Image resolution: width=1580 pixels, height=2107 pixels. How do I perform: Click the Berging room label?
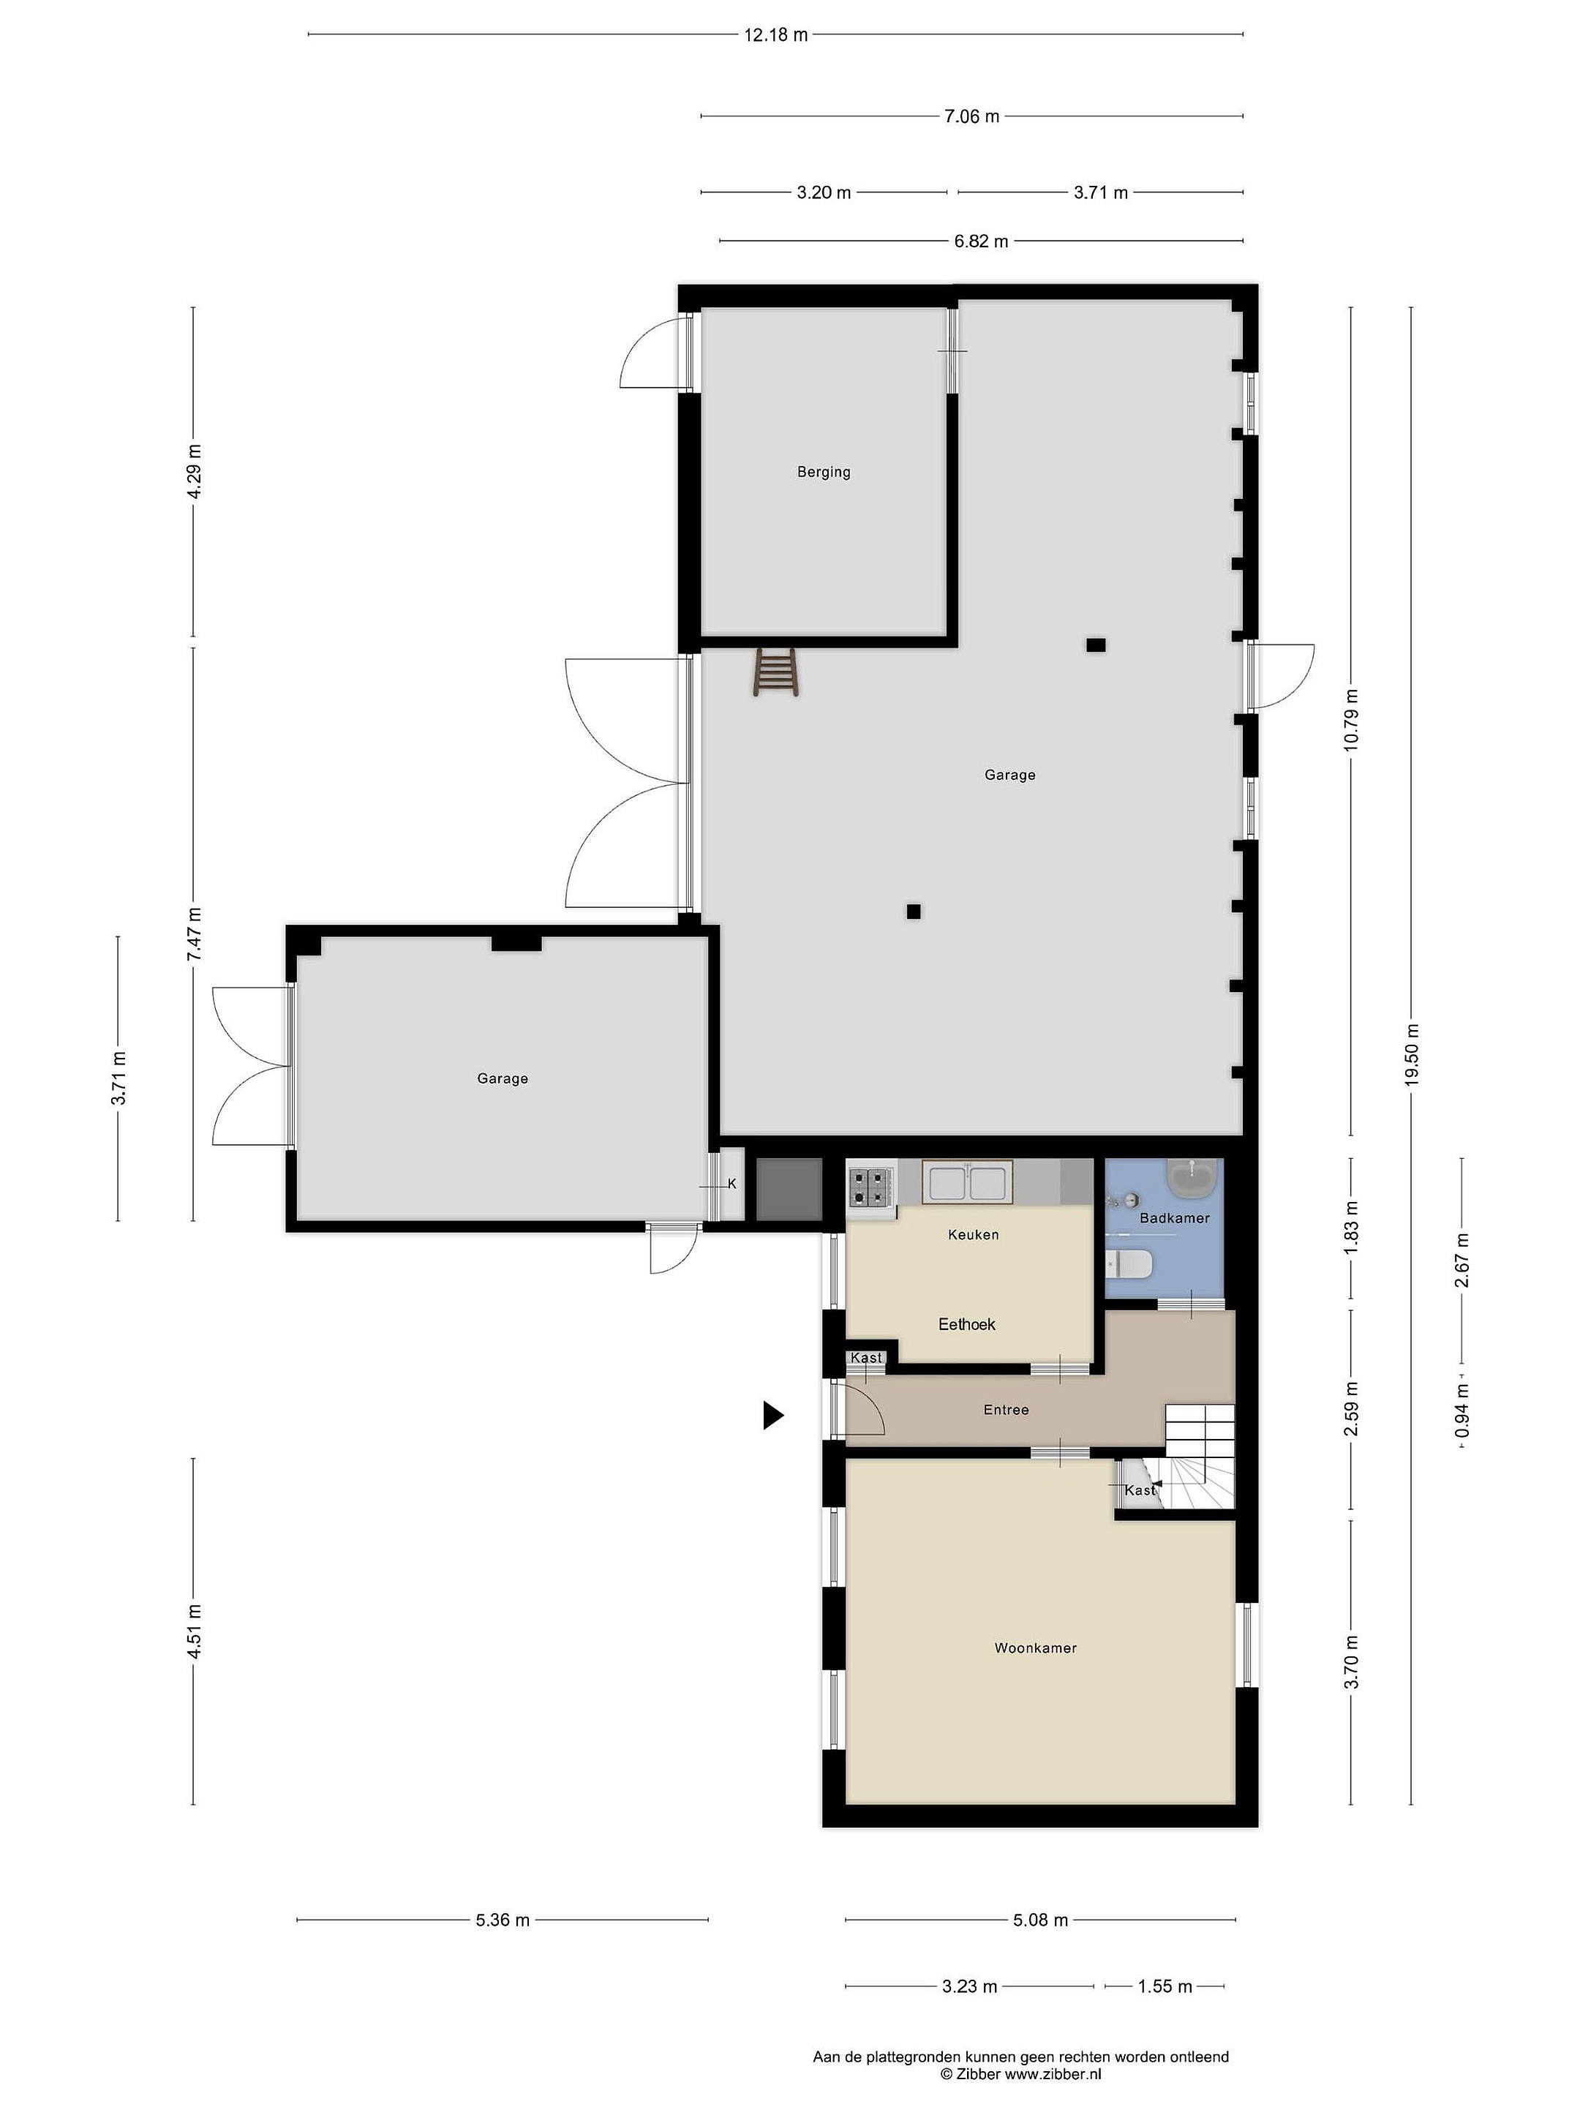click(x=824, y=471)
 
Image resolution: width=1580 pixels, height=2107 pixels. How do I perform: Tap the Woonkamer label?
click(x=1035, y=1648)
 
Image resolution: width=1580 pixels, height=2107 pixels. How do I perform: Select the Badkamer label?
click(x=1174, y=1217)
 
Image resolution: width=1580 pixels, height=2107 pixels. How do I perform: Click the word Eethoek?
click(x=967, y=1324)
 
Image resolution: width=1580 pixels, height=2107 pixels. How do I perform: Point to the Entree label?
click(x=1006, y=1410)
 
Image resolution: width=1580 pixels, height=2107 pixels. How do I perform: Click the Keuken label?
click(x=974, y=1234)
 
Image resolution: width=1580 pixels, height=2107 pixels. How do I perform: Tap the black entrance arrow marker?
click(x=773, y=1416)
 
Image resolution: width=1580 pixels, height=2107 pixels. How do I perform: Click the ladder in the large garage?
click(x=775, y=672)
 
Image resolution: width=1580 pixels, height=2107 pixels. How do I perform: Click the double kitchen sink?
click(x=968, y=1182)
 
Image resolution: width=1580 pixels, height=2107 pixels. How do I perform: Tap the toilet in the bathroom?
click(x=1129, y=1265)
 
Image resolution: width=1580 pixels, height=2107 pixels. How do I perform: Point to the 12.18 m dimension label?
click(x=775, y=35)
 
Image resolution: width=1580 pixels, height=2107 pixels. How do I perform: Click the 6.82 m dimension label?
click(x=981, y=241)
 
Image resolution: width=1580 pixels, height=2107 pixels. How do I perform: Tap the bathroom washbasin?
click(x=1193, y=1180)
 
